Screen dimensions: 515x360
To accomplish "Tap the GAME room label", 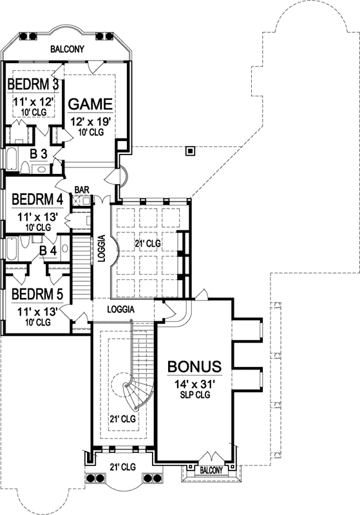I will click(x=91, y=104).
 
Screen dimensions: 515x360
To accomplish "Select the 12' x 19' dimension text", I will click(x=91, y=120).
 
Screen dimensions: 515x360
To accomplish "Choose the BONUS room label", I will click(x=194, y=366).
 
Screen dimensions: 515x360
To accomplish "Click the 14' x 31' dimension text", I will click(x=194, y=384).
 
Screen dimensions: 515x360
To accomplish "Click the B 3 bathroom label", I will click(x=39, y=154).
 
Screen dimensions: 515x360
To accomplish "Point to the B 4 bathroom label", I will click(x=48, y=250).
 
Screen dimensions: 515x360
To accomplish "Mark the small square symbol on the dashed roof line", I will click(x=189, y=151).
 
